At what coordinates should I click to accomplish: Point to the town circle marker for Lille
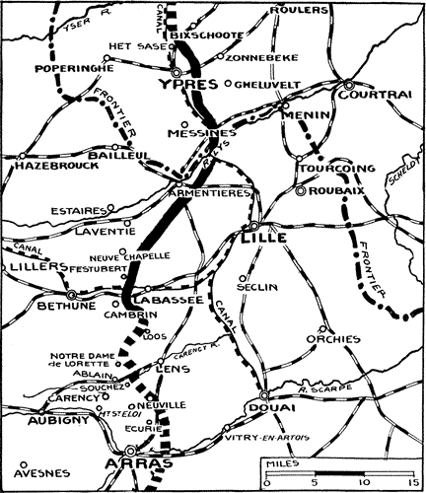(254, 225)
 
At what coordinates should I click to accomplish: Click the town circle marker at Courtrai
(350, 84)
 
